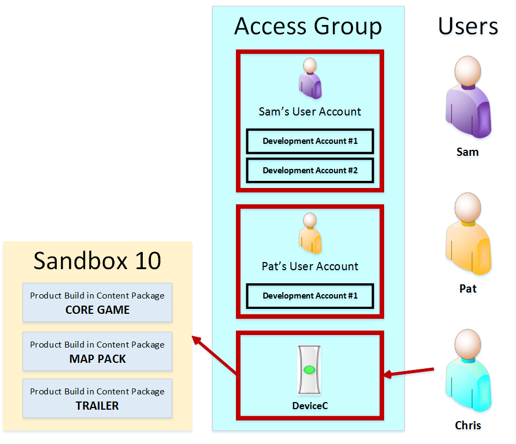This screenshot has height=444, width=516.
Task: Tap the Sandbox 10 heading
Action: point(98,260)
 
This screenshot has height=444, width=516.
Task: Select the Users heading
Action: point(468,26)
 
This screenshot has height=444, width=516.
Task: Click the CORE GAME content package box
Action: point(98,302)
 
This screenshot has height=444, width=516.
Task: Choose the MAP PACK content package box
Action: point(98,351)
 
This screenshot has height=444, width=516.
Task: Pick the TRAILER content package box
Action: point(98,398)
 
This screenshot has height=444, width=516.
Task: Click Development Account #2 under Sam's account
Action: point(310,171)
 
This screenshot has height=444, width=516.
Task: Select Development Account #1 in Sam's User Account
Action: point(310,141)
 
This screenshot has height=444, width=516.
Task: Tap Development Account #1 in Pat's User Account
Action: point(310,296)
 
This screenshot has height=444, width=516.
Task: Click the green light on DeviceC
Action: point(309,370)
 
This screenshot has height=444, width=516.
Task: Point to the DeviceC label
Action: point(310,406)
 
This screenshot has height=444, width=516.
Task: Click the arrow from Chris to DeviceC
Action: point(409,372)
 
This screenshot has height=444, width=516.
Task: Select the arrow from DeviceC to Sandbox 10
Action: point(214,355)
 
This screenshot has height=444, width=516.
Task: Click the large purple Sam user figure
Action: point(468,97)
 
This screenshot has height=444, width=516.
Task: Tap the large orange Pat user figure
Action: point(468,234)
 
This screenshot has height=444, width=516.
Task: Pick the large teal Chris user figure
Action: point(468,370)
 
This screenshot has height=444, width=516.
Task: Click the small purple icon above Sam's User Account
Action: point(310,78)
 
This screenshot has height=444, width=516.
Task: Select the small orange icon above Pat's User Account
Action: point(310,233)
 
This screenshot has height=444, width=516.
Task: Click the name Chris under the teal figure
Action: point(468,425)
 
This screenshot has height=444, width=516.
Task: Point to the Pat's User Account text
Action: point(310,266)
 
